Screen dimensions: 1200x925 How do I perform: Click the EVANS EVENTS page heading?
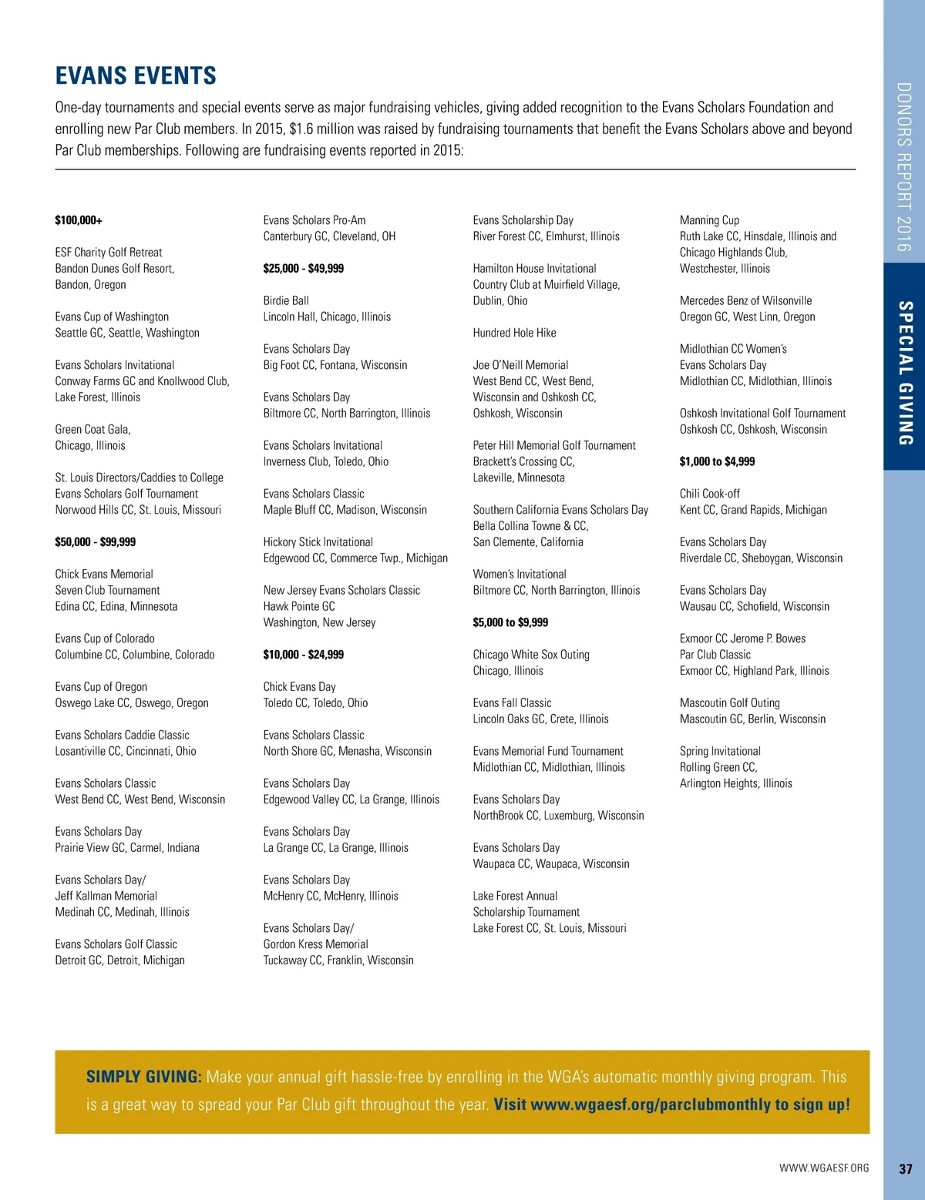(x=136, y=75)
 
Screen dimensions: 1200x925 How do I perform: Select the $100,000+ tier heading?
(x=79, y=220)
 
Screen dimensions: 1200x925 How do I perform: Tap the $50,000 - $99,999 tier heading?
(x=95, y=542)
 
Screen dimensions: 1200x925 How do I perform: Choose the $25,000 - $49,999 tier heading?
(x=303, y=269)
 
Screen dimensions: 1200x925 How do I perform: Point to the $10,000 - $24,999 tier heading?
(x=303, y=655)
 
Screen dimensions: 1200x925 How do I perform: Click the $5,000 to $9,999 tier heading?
(x=510, y=622)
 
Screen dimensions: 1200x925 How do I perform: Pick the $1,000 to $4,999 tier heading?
(x=717, y=461)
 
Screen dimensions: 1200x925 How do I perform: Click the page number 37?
(x=906, y=1168)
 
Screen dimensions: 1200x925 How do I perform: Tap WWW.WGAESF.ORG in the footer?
(x=824, y=1168)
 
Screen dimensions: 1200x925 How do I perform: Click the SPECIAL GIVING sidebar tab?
(x=905, y=373)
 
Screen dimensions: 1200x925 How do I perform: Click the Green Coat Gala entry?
(x=92, y=430)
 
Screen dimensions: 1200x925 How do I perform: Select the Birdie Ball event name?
(x=286, y=300)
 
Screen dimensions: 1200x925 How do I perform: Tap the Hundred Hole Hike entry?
(x=514, y=333)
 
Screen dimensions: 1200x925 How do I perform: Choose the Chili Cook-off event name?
(x=709, y=494)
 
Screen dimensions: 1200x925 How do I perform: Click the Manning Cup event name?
(x=709, y=220)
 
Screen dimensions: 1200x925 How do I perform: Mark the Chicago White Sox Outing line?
(x=531, y=655)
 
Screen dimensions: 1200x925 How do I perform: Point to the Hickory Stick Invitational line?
(x=318, y=542)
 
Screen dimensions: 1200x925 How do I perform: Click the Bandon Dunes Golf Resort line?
(x=115, y=269)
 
